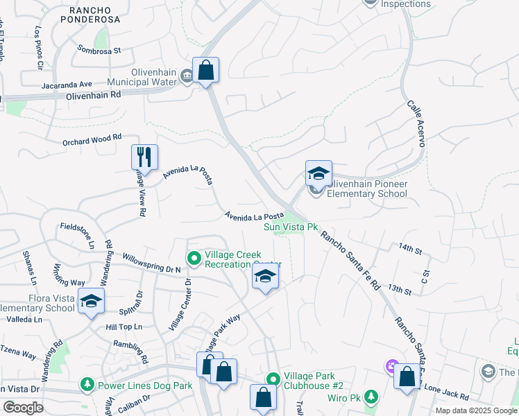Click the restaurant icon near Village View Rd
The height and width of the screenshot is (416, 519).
144,156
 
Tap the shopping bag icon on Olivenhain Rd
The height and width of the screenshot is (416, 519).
205,70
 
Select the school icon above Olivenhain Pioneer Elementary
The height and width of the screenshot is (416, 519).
318,173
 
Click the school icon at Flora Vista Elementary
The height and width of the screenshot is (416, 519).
90,302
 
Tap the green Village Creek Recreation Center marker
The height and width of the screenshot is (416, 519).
194,259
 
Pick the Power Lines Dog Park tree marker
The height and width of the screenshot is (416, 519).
87,383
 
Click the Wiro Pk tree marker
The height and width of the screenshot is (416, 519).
371,397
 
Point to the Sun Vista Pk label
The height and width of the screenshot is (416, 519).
290,227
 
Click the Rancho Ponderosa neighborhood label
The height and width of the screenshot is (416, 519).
95,14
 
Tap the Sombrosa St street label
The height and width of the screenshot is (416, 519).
101,51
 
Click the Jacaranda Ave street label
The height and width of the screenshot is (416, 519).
66,84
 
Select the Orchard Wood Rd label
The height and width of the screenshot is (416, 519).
92,138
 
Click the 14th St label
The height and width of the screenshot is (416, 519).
410,248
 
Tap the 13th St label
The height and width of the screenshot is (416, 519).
400,288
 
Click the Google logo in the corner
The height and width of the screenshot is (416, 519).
24,407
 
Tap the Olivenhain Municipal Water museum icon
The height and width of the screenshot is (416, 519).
186,76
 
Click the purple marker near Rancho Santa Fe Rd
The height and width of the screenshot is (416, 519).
391,365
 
